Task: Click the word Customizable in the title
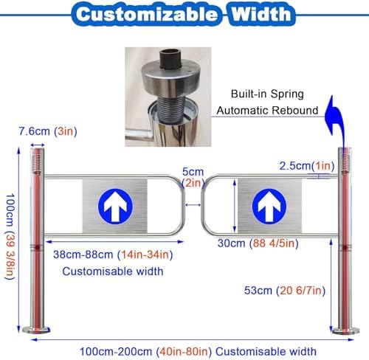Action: coord(147,14)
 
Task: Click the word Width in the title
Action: coord(261,14)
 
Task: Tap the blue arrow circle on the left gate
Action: coord(115,206)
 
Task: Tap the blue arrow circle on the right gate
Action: coord(269,206)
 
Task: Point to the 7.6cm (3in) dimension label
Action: coord(48,131)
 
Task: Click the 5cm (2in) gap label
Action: coord(193,177)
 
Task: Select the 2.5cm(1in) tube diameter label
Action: coord(307,166)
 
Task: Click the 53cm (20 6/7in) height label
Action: coord(285,291)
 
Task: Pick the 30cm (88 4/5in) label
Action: coord(258,243)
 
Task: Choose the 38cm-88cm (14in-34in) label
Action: coord(113,255)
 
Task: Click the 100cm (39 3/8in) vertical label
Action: coord(10,237)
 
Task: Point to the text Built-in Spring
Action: coord(267,94)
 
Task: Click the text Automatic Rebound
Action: coord(267,111)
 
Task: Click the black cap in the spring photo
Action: coord(170,58)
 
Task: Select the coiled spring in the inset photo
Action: coord(170,108)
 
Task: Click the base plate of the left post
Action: coord(36,330)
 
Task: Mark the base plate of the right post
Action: coord(345,330)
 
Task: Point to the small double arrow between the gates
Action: coord(193,205)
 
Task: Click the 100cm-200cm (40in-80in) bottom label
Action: coord(198,351)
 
